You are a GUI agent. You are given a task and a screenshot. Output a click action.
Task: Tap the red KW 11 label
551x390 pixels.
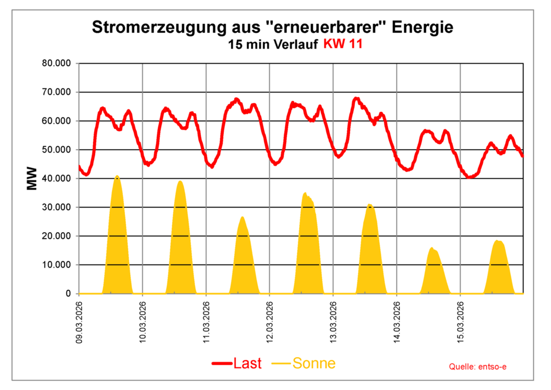pos(342,45)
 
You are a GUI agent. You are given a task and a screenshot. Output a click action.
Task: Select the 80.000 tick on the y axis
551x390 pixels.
pos(57,64)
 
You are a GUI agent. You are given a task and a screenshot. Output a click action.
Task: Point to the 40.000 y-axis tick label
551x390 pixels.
pos(57,178)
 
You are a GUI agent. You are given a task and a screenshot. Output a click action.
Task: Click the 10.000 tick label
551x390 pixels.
pos(57,264)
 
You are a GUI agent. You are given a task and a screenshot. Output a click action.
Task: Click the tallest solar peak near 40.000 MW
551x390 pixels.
pos(117,176)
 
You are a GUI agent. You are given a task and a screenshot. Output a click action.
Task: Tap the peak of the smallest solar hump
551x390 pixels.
pos(432,248)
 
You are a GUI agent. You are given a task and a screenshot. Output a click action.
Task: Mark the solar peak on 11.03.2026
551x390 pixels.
pos(242,217)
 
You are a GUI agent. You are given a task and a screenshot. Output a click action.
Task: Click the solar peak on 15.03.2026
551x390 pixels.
pos(498,241)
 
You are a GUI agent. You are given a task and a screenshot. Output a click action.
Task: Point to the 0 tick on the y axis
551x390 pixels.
pos(68,294)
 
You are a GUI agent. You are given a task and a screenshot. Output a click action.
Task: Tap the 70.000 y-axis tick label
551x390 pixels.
pos(57,92)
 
